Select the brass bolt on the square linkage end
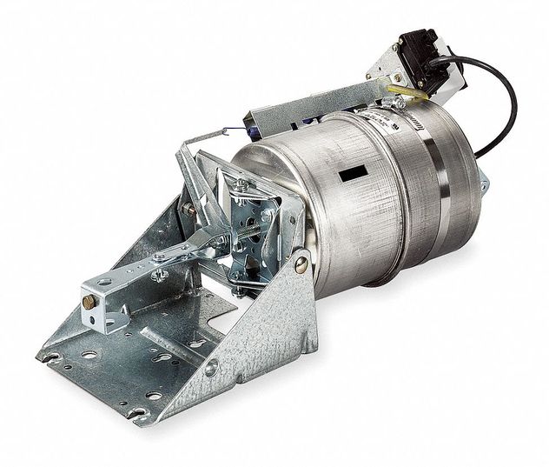88,302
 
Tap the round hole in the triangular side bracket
210,369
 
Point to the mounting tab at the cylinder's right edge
483,182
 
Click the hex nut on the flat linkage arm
162,257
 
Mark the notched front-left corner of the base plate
48,355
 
